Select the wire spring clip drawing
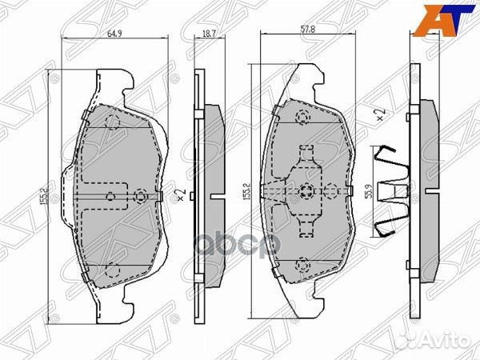pos(392,192)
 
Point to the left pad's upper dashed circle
pos(112,122)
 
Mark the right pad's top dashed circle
pos(303,118)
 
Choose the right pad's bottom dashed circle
pos(303,263)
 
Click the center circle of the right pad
pos(307,190)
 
